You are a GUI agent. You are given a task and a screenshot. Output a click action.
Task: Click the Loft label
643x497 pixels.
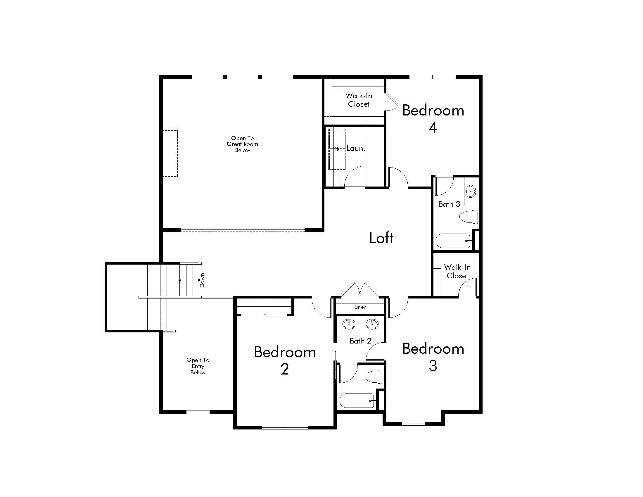381,238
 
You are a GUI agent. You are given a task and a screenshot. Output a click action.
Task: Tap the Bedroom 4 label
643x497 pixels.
433,118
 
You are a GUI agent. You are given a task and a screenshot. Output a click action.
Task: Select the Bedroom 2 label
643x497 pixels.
285,360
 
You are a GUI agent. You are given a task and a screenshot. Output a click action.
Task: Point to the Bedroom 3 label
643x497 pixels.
433,357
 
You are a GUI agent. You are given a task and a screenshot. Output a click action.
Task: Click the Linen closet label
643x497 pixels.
360,307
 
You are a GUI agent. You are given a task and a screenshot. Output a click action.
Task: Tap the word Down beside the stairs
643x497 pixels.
202,280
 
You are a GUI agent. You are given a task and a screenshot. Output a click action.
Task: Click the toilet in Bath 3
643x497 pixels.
469,217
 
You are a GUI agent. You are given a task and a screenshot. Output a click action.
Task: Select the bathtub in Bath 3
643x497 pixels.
453,241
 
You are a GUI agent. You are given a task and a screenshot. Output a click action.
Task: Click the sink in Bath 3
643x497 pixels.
471,191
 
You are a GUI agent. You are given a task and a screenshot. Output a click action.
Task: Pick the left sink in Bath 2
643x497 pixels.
349,324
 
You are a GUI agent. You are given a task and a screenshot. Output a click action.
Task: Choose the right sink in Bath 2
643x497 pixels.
372,324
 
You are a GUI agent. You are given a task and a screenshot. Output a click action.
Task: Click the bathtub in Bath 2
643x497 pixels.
357,401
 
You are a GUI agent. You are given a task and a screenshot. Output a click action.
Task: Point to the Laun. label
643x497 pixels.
356,149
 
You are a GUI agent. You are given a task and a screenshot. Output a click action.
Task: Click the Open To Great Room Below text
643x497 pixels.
242,144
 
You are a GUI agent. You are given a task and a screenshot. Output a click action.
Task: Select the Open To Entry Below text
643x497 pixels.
198,366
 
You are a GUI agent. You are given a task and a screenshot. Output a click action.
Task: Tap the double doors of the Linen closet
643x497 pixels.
360,290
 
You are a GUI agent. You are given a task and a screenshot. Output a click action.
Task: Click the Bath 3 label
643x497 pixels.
449,204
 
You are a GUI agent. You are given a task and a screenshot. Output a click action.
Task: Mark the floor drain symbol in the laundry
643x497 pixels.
337,149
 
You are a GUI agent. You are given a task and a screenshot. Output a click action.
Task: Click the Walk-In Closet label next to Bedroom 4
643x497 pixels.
358,100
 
